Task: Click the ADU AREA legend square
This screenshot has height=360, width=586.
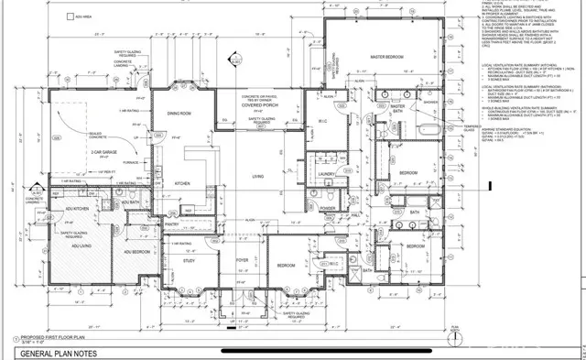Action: click(x=70, y=16)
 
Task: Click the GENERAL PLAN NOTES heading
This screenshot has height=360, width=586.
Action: click(x=60, y=352)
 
